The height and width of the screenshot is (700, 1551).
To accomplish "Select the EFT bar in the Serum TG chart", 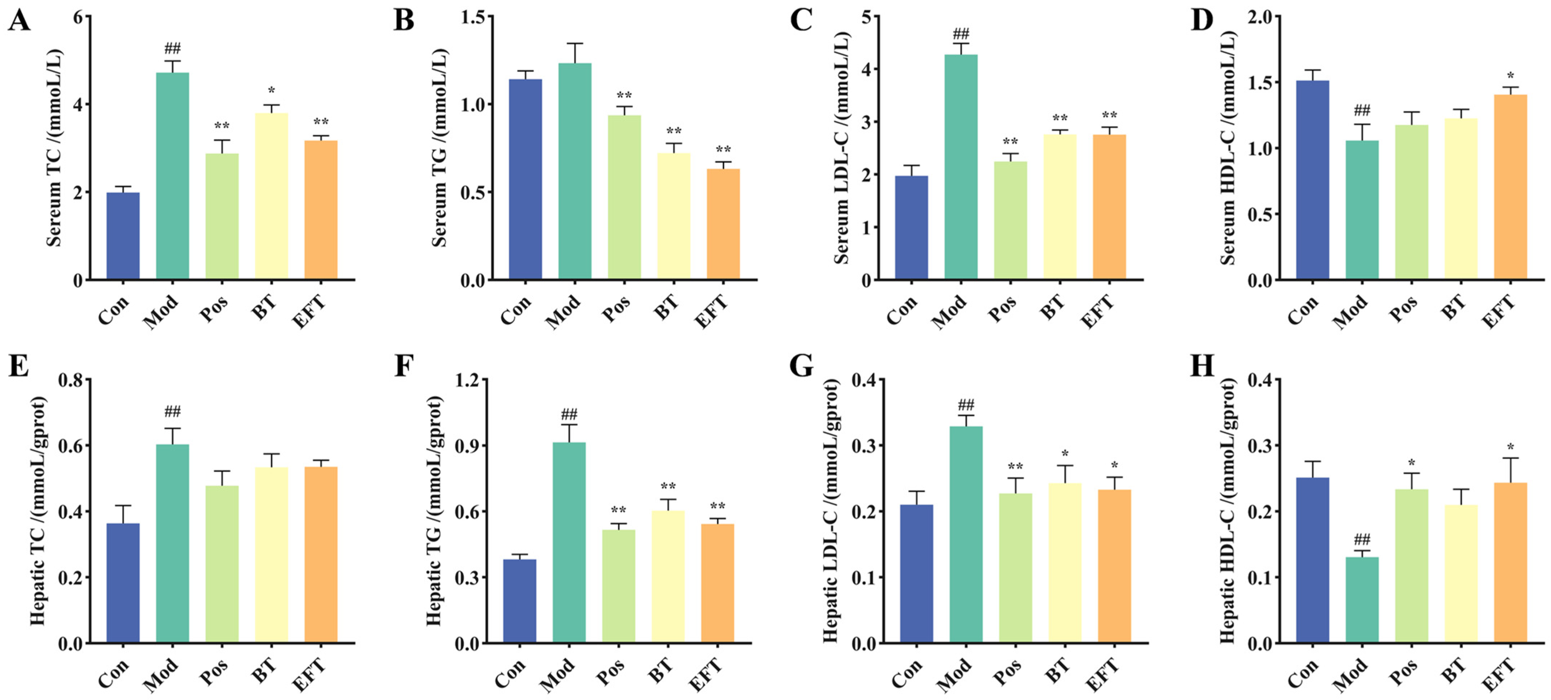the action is tap(723, 224).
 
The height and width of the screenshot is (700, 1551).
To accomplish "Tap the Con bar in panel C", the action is tap(912, 228).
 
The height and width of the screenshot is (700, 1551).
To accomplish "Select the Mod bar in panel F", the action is tap(569, 543).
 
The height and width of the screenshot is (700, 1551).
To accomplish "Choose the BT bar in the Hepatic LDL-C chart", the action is tap(1065, 563).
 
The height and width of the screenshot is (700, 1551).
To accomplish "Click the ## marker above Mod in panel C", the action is tap(961, 33).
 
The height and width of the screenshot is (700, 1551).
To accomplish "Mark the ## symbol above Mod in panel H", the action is tap(1362, 539).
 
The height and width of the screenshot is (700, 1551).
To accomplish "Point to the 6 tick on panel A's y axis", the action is tap(78, 17).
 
